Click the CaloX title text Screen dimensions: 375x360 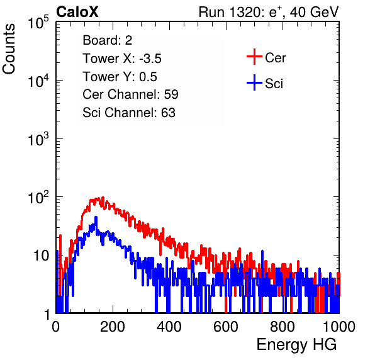pos(77,12)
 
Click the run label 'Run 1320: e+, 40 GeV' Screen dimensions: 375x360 pos(269,12)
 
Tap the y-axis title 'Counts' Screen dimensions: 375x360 pos(9,49)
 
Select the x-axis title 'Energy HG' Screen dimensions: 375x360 pos(296,345)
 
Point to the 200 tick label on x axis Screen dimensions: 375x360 pos(113,327)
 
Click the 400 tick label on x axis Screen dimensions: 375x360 pos(169,327)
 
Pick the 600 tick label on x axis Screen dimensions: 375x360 pos(226,327)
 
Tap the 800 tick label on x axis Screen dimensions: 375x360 pos(283,327)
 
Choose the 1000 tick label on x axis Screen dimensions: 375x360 pos(339,327)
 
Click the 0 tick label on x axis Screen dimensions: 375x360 pos(56,327)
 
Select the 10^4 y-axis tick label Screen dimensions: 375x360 pos(38,81)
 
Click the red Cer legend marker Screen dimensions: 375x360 pos(254,57)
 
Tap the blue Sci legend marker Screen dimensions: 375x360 pos(254,83)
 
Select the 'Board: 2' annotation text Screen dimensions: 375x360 pos(108,40)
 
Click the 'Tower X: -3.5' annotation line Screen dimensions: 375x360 pos(122,59)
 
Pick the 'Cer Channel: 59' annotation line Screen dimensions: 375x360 pos(130,94)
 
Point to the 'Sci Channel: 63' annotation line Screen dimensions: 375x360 pos(129,113)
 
